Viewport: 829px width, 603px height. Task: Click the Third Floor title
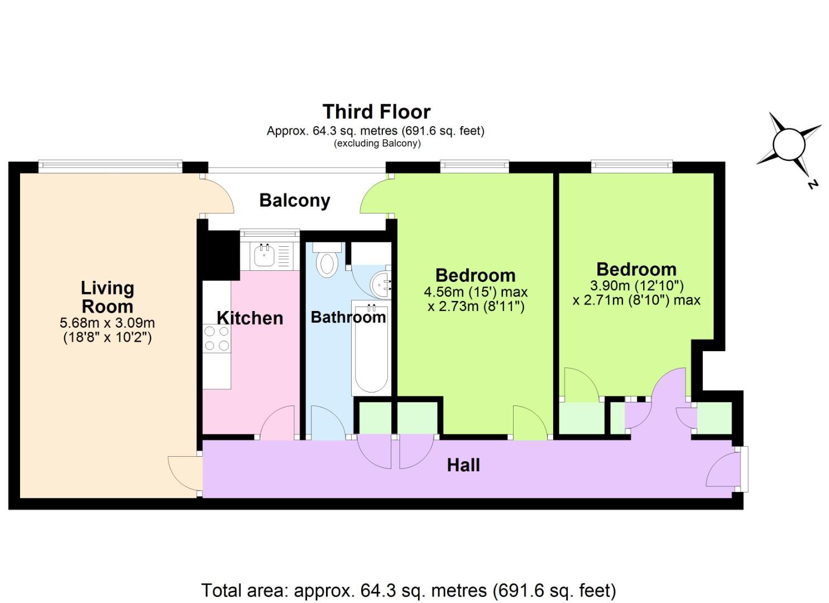click(376, 112)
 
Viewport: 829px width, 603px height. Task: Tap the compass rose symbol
click(789, 145)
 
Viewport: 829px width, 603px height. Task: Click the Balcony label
click(295, 200)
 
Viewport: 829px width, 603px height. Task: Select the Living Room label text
click(107, 297)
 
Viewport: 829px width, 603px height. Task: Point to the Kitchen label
click(250, 318)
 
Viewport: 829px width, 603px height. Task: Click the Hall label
click(463, 465)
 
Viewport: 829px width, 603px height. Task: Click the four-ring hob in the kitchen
click(217, 338)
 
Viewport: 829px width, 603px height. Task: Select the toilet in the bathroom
click(326, 262)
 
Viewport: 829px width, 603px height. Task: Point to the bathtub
click(370, 349)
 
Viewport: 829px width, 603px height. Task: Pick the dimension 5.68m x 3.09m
click(107, 323)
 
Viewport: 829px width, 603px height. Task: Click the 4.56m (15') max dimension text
click(476, 292)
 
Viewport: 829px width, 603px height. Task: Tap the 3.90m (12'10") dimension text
click(636, 286)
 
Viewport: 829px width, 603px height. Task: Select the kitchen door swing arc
click(277, 422)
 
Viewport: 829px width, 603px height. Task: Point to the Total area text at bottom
click(408, 590)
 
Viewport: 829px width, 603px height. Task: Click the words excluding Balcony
click(377, 143)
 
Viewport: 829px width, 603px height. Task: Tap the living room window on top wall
click(110, 165)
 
